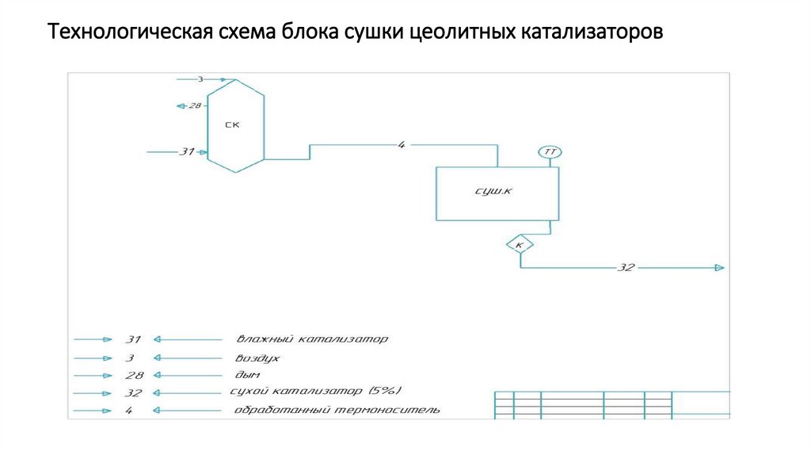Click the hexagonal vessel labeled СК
(x=235, y=124)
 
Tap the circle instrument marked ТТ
(x=550, y=151)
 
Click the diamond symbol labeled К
(x=520, y=245)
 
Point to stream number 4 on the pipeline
(x=402, y=144)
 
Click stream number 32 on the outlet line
(x=626, y=268)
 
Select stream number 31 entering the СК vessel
(x=187, y=151)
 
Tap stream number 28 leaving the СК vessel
(x=194, y=105)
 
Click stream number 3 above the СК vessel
(x=200, y=79)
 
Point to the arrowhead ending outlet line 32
(x=719, y=268)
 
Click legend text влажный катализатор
(x=311, y=339)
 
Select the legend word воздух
(x=257, y=357)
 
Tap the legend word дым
(x=247, y=375)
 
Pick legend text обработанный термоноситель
(x=337, y=411)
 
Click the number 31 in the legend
(x=132, y=339)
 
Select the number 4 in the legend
(x=129, y=411)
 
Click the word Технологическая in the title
(x=128, y=34)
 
